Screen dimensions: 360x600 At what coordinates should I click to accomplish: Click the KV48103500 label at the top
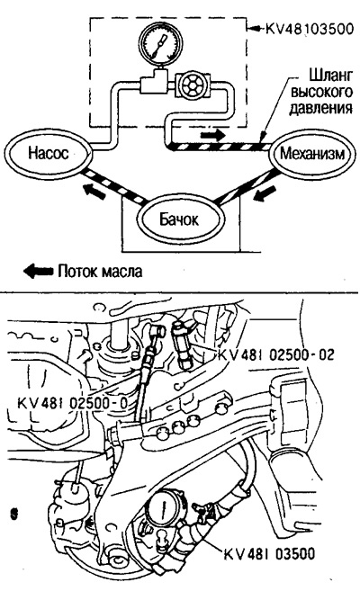309,28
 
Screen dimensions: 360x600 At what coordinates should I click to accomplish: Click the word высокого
322,93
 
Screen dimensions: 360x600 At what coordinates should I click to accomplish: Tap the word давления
320,108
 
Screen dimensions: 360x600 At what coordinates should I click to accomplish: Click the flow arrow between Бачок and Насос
94,192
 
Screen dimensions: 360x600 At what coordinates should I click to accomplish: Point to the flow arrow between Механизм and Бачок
265,193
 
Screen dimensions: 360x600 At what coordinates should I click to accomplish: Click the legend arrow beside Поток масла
38,271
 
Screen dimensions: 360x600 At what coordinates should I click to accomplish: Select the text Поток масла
101,272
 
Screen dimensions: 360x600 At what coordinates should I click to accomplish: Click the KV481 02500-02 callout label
276,354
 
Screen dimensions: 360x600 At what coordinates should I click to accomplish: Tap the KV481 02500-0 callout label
73,403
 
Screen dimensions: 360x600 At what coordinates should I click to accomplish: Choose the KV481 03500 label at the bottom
269,553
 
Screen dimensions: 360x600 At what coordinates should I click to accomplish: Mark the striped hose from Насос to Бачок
114,184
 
